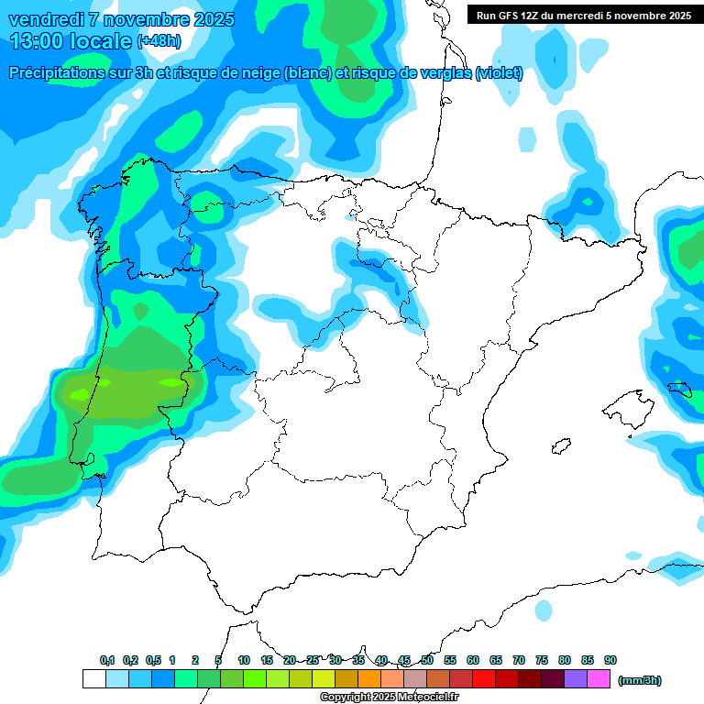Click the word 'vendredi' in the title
[46, 19]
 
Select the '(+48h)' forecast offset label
[159, 41]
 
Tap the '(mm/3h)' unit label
[640, 680]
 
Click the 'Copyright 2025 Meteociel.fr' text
[390, 698]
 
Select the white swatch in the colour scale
[93, 679]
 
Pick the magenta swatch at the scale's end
[599, 679]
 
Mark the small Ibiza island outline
[558, 447]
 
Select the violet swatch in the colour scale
[577, 679]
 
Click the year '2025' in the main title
[205, 19]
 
